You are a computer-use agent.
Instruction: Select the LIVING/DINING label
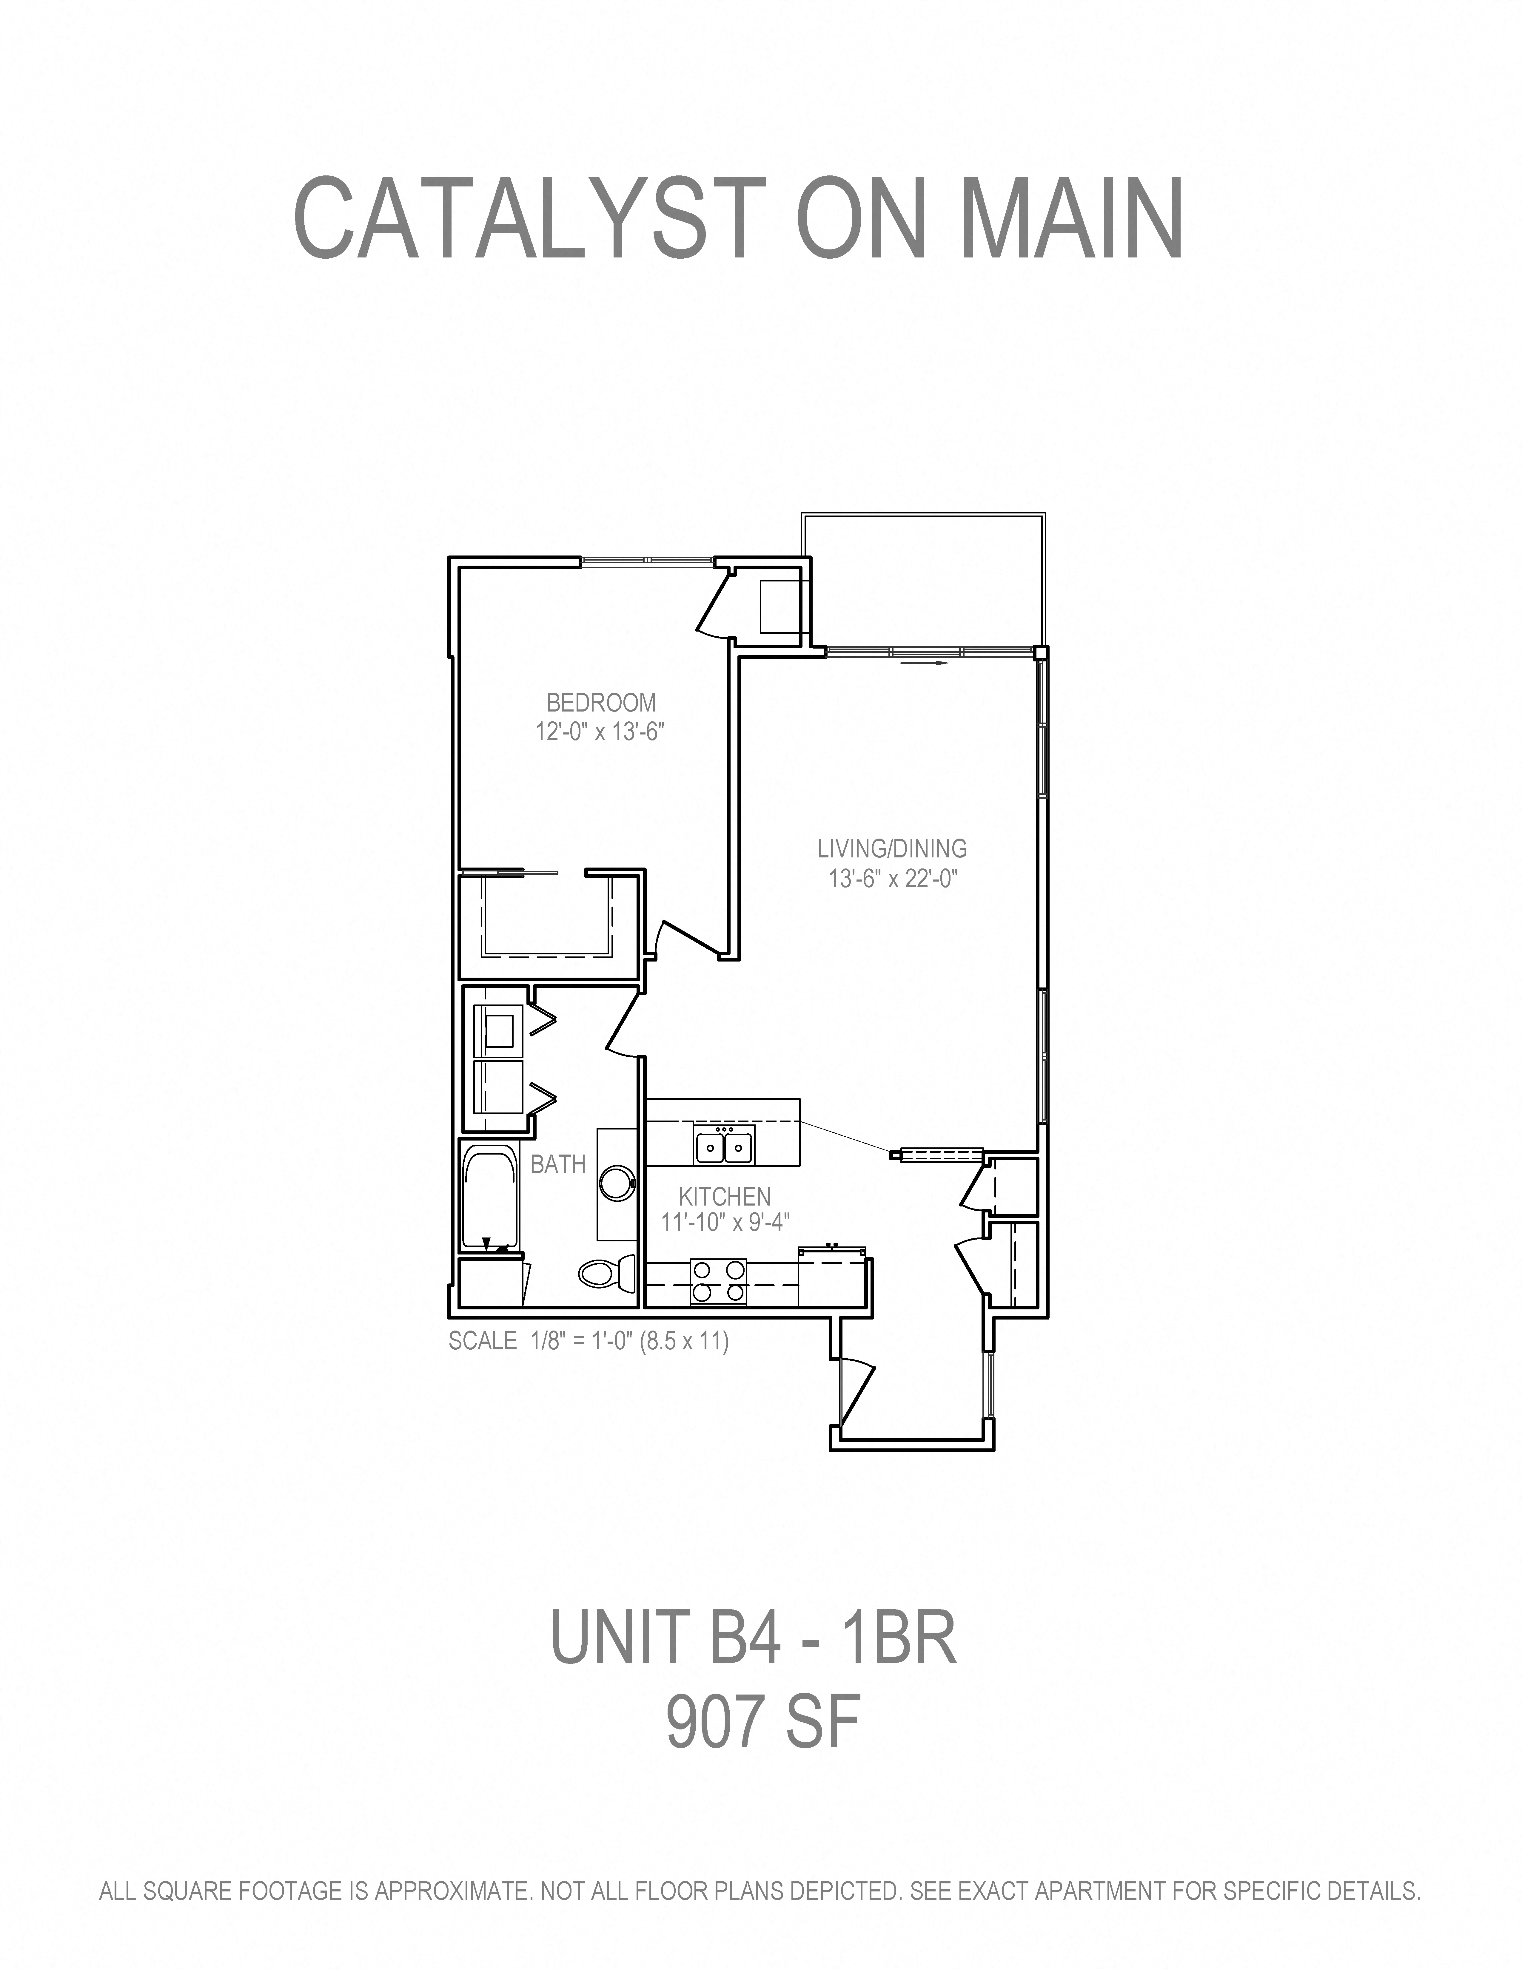[x=892, y=848]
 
